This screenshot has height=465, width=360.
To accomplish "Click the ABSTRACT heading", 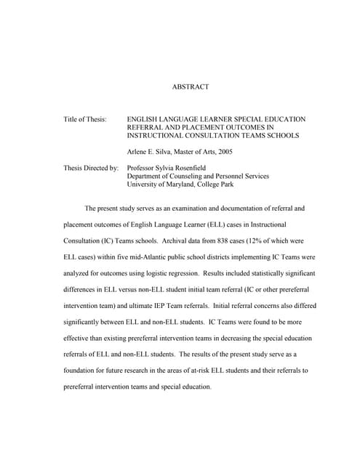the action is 191,87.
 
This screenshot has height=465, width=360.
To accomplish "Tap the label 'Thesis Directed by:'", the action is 91,168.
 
